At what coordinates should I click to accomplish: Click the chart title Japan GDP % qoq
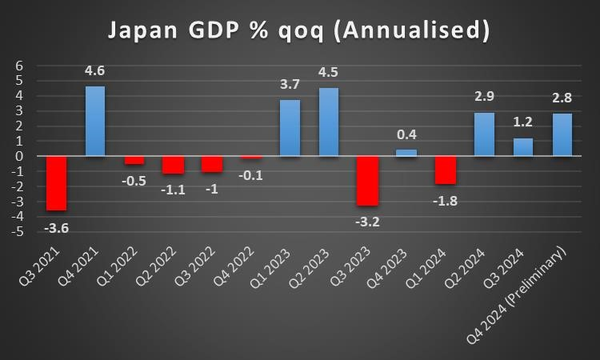299,31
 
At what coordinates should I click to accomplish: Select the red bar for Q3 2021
56,183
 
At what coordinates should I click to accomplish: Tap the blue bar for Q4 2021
95,121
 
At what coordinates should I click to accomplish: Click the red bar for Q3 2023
368,180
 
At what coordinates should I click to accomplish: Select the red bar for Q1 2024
446,170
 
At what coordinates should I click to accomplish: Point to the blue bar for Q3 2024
523,147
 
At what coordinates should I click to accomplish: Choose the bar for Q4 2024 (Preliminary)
562,134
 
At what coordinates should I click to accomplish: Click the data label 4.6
95,71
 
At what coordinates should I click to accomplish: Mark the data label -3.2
367,221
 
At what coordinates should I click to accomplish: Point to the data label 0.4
406,134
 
